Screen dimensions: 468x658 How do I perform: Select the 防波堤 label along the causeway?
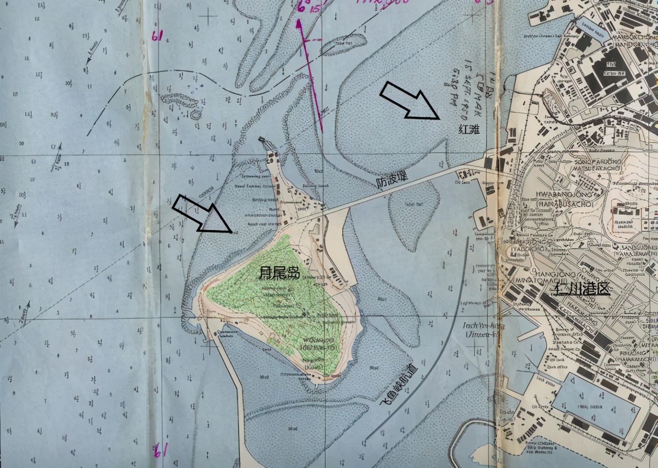392,181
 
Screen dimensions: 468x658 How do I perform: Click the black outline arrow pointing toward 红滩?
411,100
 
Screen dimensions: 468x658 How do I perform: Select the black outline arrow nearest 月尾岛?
202,213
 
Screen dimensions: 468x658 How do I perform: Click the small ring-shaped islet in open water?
195,115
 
